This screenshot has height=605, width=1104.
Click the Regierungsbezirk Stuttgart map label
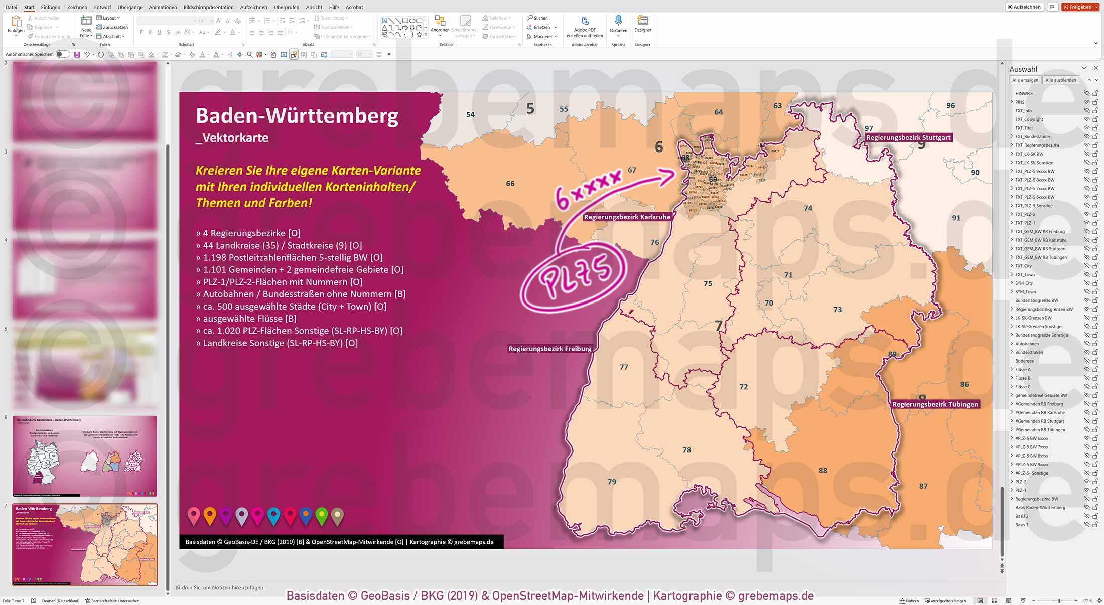[x=908, y=137]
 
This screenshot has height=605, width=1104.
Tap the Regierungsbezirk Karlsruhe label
[x=627, y=217]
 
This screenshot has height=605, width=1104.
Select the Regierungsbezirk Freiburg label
[x=549, y=349]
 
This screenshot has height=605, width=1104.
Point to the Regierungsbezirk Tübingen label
[x=935, y=404]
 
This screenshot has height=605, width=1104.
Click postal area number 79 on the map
[x=612, y=482]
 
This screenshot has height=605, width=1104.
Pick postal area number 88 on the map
[x=823, y=471]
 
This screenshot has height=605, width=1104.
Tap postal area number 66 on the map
[x=510, y=184]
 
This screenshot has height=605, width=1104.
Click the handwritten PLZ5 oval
[x=574, y=276]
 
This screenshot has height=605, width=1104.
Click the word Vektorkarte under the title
[x=234, y=138]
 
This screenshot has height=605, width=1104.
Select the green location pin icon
[x=322, y=516]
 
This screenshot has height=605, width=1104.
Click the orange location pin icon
[x=210, y=516]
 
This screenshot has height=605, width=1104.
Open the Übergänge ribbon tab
[x=130, y=7]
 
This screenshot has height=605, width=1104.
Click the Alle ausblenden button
[x=1060, y=80]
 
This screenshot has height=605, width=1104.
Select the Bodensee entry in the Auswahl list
[x=1024, y=361]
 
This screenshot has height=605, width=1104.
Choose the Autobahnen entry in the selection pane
[x=1027, y=344]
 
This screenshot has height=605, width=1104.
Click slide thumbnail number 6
[x=85, y=456]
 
